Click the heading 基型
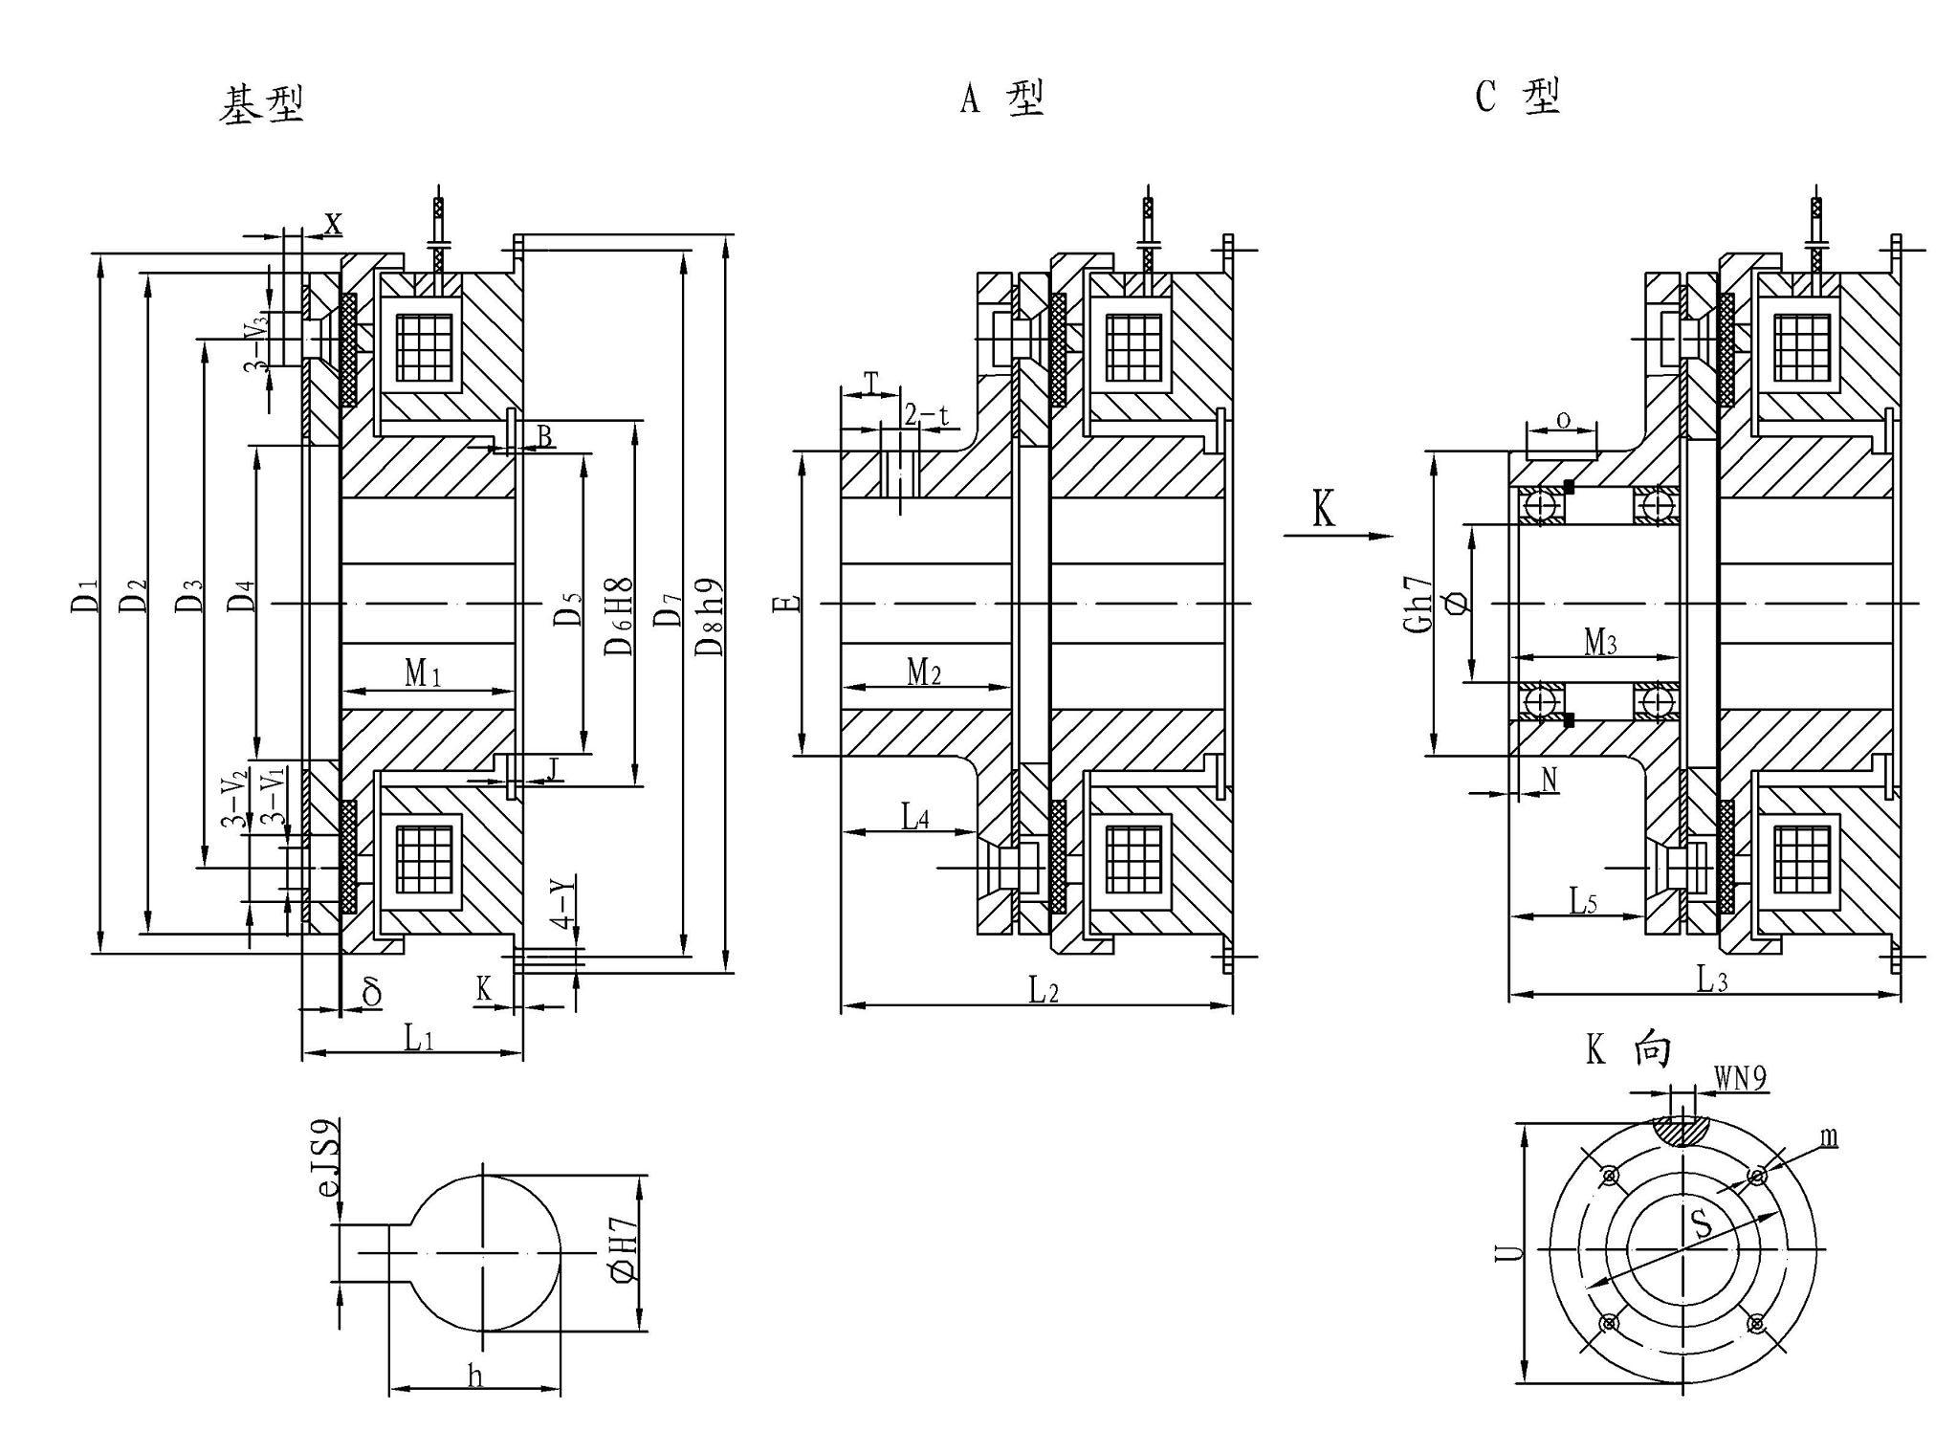pyautogui.click(x=262, y=104)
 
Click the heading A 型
pyautogui.click(x=1001, y=99)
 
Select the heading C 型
pyautogui.click(x=1518, y=97)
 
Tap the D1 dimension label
pyautogui.click(x=85, y=595)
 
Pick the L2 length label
pyautogui.click(x=1044, y=991)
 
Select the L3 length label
pyautogui.click(x=1711, y=980)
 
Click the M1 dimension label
pyautogui.click(x=422, y=673)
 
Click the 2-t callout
pyautogui.click(x=926, y=415)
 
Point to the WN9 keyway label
pyautogui.click(x=1740, y=1079)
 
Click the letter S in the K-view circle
pyautogui.click(x=1701, y=1225)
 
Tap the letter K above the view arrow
pyautogui.click(x=1323, y=510)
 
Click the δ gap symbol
pyautogui.click(x=372, y=992)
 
